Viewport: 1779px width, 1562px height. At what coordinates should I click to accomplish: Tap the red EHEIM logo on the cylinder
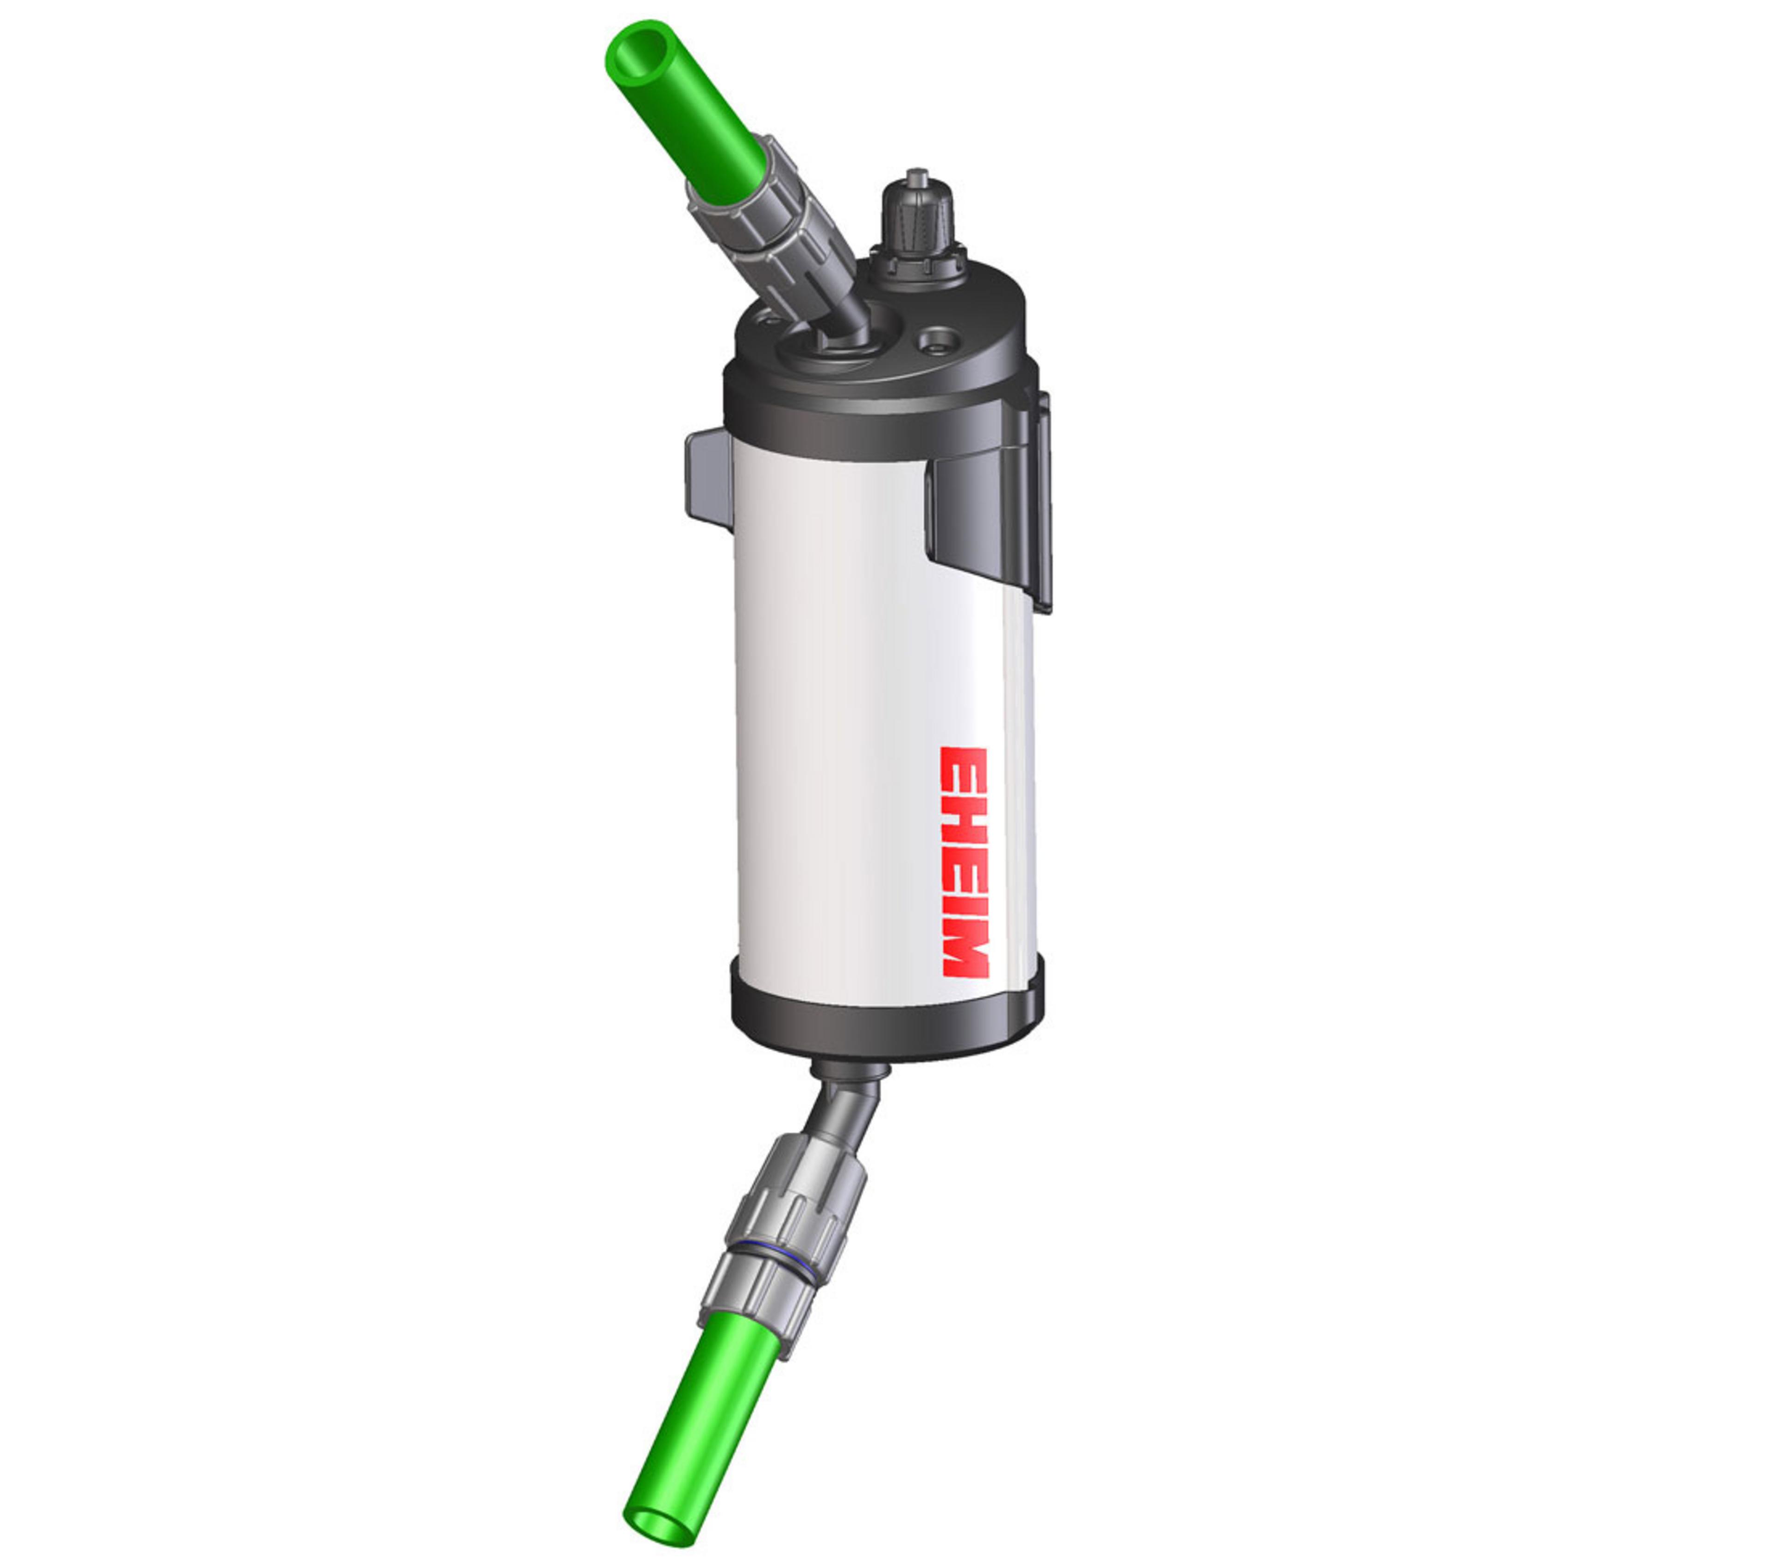coord(965,862)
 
